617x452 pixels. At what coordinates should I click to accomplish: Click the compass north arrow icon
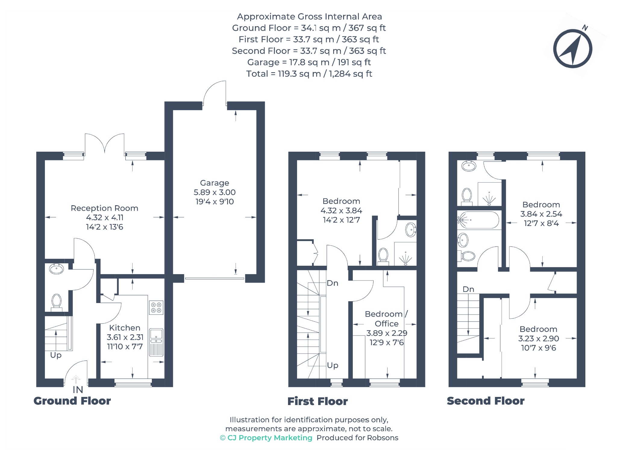tap(572, 48)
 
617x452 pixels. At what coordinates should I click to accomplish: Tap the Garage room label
tap(215, 183)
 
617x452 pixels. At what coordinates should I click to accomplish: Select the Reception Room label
tap(104, 208)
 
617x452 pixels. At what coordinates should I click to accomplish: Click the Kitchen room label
tap(125, 328)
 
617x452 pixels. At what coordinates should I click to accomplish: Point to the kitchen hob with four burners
tap(156, 308)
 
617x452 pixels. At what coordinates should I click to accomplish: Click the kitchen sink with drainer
tap(156, 342)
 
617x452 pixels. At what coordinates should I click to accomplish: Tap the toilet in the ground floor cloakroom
tap(56, 302)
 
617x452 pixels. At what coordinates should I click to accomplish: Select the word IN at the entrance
tap(78, 390)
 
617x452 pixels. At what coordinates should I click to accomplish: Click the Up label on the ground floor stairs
tap(56, 355)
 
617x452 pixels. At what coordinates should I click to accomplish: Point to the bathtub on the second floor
tap(478, 220)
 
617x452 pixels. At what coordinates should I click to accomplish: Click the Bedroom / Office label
tap(387, 319)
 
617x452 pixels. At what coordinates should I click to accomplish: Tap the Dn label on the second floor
tap(468, 289)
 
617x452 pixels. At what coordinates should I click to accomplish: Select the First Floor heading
tap(318, 401)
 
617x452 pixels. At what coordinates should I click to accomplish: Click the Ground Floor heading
tap(72, 401)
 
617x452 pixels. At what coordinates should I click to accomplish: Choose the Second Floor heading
tap(486, 401)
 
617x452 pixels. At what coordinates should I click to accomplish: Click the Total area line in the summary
tap(309, 74)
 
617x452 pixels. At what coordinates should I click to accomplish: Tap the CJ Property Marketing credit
tap(266, 438)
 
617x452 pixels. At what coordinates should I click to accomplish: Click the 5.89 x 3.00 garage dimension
tap(215, 192)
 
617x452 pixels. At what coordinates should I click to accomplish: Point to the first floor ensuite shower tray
tap(406, 254)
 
